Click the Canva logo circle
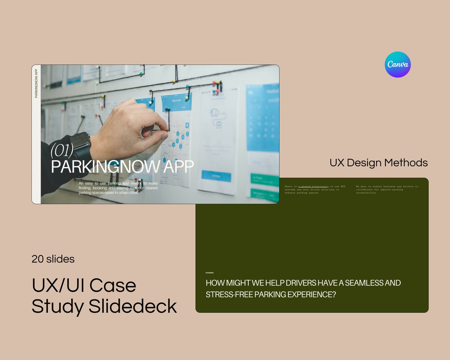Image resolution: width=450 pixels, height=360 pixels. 397,65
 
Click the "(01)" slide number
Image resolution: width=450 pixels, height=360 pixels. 62,150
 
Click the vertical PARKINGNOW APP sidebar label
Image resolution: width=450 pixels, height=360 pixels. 36,83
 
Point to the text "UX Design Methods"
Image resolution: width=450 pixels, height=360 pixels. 378,162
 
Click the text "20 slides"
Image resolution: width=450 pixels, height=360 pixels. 53,259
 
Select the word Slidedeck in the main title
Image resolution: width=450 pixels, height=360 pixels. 133,307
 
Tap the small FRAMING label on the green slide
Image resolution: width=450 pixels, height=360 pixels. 210,272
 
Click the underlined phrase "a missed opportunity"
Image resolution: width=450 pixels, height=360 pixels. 313,186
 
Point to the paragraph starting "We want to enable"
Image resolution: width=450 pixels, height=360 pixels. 387,190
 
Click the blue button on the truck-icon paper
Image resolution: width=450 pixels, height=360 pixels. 216,176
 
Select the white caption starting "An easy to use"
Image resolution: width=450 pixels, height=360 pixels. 118,188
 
